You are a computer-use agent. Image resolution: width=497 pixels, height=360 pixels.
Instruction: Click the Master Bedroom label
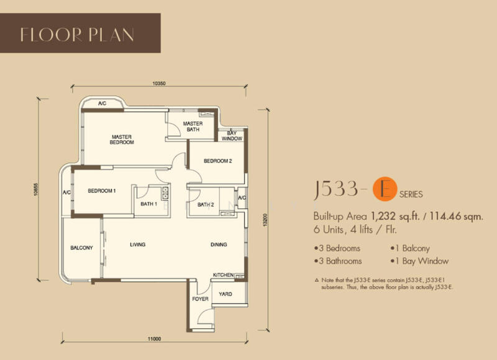click(122, 140)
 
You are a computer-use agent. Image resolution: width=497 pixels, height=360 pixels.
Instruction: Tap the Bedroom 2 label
click(218, 161)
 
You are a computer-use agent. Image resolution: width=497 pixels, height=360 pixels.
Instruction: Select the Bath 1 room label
click(149, 204)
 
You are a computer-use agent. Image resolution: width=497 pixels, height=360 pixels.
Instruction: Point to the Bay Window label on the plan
click(232, 136)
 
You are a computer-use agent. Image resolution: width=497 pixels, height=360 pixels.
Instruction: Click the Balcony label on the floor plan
click(81, 248)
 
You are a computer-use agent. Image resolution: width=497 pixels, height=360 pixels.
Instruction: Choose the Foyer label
click(200, 299)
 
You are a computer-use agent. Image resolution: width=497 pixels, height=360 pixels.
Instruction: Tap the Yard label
click(226, 294)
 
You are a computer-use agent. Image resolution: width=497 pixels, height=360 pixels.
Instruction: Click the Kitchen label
click(223, 275)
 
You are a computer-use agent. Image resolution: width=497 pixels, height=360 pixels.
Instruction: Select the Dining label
click(219, 245)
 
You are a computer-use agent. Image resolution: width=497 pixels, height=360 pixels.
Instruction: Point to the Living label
click(137, 245)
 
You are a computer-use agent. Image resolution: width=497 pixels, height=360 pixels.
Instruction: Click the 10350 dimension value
click(159, 84)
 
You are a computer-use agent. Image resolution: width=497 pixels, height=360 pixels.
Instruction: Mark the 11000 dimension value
click(154, 339)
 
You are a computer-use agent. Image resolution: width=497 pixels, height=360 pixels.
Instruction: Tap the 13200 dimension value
click(266, 220)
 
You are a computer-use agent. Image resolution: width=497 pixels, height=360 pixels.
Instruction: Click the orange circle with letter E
click(385, 189)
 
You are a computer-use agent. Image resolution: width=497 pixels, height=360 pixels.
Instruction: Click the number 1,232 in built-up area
click(383, 217)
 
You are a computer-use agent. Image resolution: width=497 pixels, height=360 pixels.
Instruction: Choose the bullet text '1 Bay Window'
click(420, 261)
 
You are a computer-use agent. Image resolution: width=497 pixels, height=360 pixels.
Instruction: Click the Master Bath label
click(193, 127)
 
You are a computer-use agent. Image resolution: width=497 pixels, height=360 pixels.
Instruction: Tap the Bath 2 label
click(206, 205)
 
